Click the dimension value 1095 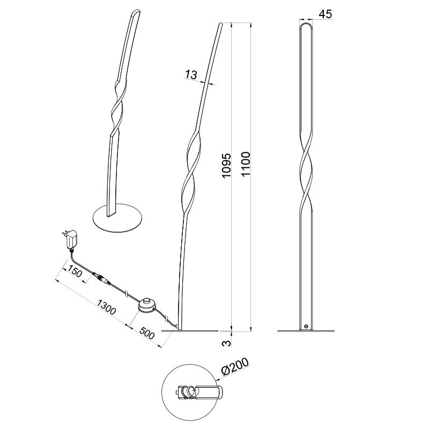point(226,167)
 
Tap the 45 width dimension point(324,14)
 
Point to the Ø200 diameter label point(235,368)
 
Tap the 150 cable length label point(75,274)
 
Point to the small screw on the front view point(306,326)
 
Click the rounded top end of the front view point(306,25)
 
